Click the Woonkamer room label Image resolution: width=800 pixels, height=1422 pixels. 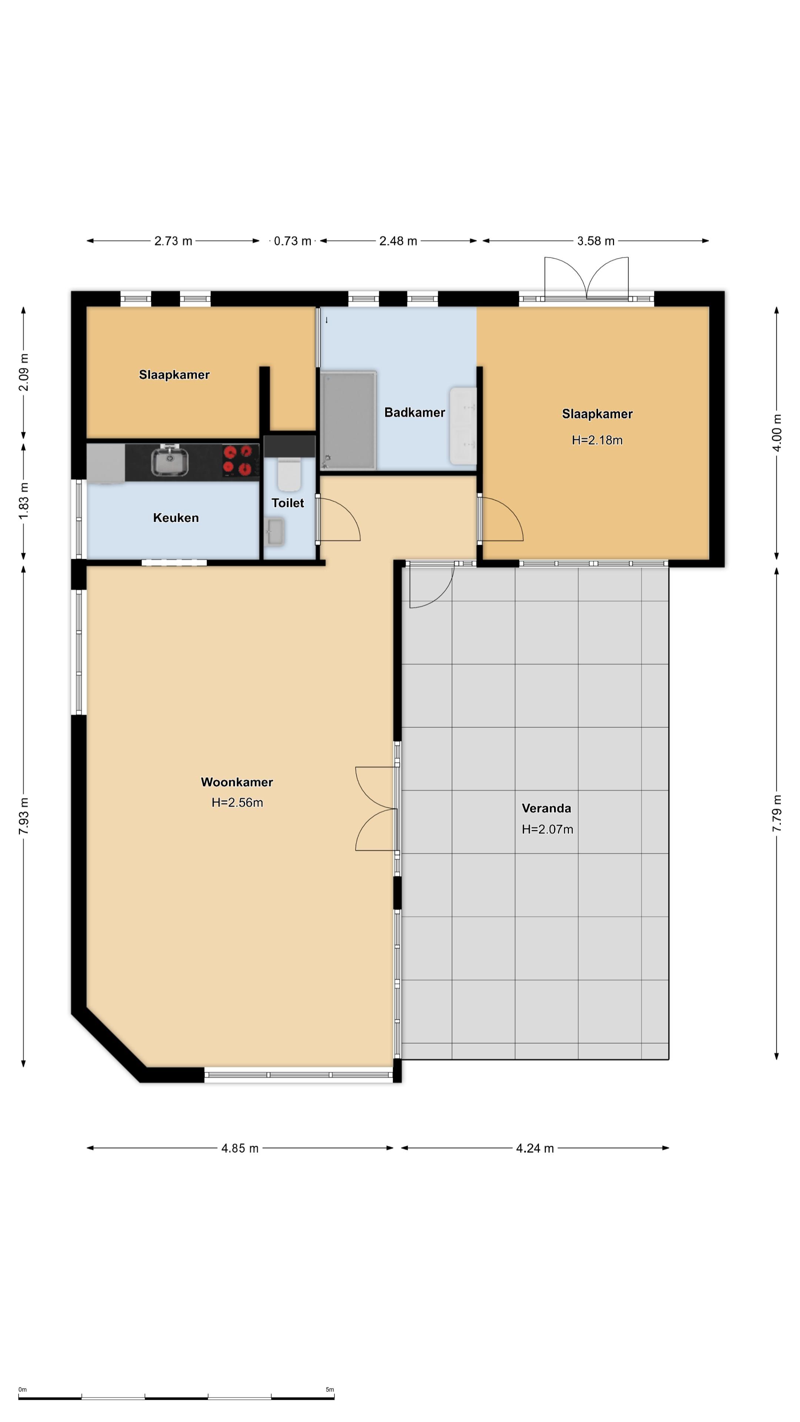(x=237, y=782)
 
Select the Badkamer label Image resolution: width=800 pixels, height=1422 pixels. (x=415, y=413)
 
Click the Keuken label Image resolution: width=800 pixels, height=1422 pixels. (x=176, y=518)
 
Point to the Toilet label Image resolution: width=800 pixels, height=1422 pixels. (x=288, y=503)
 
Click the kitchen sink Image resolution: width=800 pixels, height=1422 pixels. (x=170, y=460)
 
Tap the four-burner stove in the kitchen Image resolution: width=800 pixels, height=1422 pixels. (x=241, y=460)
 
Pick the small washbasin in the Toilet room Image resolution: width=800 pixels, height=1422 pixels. (x=275, y=532)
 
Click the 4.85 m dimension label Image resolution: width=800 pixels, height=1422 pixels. (x=240, y=1148)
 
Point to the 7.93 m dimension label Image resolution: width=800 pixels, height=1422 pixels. (x=24, y=816)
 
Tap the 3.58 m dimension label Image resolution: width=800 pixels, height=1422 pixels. (x=596, y=241)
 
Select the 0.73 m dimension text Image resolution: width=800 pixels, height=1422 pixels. (x=293, y=241)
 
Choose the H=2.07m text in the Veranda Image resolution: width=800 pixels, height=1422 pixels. (x=547, y=829)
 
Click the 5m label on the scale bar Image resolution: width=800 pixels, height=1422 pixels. (x=330, y=1389)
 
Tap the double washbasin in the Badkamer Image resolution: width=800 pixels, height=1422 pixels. (x=463, y=425)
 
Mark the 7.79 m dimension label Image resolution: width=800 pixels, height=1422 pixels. (x=777, y=813)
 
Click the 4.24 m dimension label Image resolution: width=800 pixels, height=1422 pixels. (x=534, y=1148)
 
